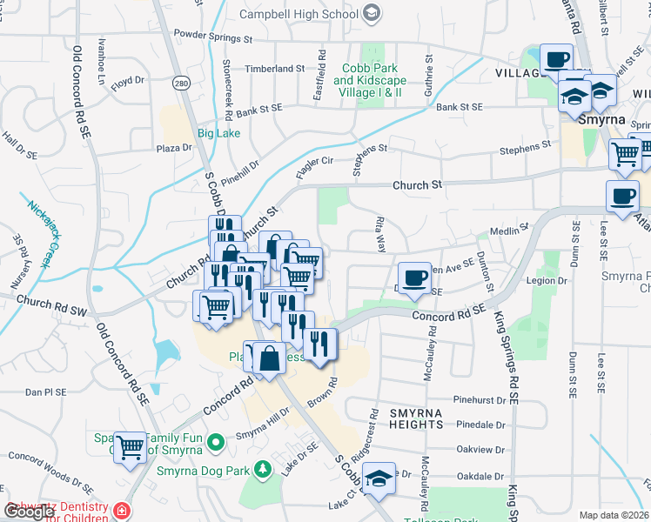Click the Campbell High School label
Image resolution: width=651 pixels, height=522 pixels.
coord(301,14)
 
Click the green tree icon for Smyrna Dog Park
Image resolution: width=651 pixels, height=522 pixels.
coord(262,472)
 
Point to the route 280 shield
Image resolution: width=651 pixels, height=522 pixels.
coord(181,84)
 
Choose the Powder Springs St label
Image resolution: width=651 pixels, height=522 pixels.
coord(213,39)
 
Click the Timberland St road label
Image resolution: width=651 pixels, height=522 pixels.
coord(275,68)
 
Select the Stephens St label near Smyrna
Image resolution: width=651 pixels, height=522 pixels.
coord(525,151)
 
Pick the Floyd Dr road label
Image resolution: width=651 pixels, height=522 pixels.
coord(127,81)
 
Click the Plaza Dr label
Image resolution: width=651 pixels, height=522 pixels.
coord(173,148)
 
